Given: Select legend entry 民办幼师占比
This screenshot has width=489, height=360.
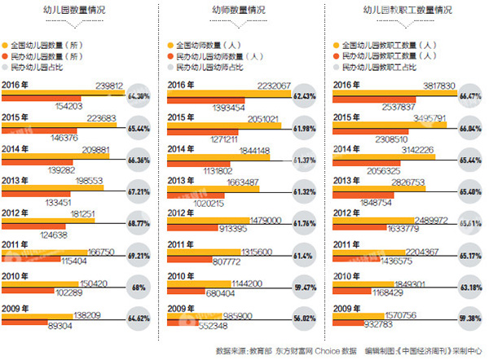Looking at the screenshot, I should coord(208,69).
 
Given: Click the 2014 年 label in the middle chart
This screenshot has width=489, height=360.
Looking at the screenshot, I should coord(183,148).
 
